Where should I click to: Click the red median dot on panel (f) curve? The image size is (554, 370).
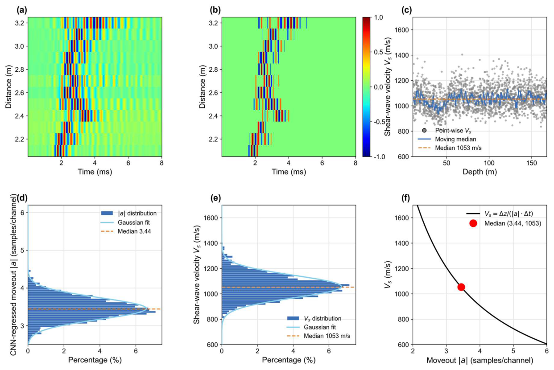[461, 287]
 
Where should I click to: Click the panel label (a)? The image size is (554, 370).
[21, 10]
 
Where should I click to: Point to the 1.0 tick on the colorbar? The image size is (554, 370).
[378, 17]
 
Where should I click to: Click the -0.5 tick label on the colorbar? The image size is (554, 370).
[377, 122]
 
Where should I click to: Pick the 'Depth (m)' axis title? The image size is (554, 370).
[480, 172]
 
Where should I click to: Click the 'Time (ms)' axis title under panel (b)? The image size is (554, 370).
[289, 172]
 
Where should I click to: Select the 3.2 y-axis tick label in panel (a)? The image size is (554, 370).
[19, 23]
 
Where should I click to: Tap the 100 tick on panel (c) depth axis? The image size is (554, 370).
[489, 163]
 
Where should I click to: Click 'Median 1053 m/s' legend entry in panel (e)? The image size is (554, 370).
[318, 336]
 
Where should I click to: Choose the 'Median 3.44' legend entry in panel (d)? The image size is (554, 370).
[126, 231]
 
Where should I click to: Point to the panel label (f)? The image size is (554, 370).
[406, 198]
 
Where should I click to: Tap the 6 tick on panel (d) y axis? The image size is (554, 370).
[22, 213]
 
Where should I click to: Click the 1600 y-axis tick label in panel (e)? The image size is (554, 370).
[211, 218]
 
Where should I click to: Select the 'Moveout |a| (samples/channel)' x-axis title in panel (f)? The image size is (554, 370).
[480, 360]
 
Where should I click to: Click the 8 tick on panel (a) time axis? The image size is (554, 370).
[162, 163]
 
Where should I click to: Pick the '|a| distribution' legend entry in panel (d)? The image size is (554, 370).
[128, 213]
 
